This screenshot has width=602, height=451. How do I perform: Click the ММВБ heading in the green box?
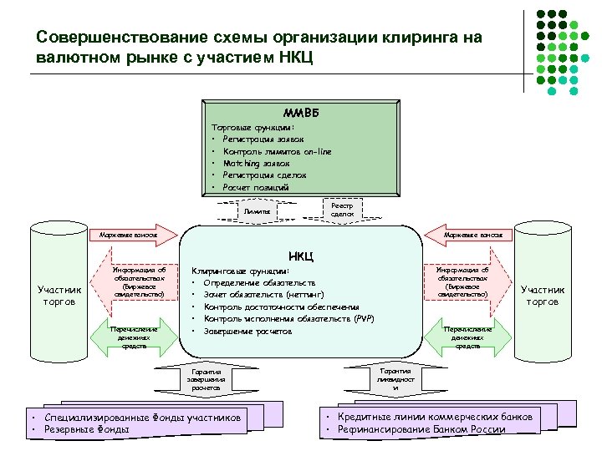coord(300,113)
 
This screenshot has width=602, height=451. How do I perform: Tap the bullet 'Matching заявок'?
coord(256,164)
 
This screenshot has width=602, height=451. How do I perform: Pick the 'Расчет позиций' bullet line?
coord(255,188)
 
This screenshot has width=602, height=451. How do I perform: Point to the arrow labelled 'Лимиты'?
coord(256,212)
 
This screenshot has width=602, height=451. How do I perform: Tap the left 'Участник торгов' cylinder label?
coord(60,296)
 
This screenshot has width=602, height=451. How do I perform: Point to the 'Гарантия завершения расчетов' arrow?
coord(206,380)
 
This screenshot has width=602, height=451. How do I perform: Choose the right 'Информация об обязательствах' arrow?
coord(468,282)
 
